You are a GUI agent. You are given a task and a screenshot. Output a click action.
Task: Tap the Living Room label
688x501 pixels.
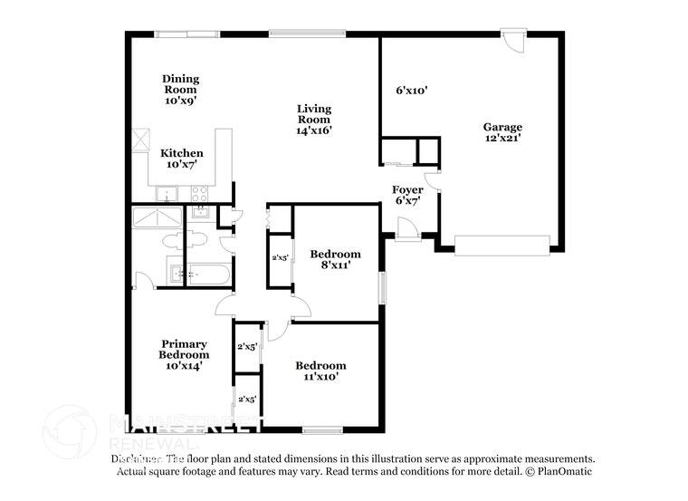tap(314, 119)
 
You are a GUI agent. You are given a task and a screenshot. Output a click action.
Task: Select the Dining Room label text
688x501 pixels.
tap(181, 90)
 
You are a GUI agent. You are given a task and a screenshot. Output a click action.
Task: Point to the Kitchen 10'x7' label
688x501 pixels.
tap(182, 159)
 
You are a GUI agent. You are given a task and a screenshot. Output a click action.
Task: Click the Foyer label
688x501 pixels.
tap(407, 195)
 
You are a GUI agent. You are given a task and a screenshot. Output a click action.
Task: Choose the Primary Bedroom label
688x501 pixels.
tap(184, 354)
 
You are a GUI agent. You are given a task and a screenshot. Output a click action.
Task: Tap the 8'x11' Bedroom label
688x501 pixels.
tap(335, 259)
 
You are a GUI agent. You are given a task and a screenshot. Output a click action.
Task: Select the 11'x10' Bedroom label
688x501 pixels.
tap(320, 371)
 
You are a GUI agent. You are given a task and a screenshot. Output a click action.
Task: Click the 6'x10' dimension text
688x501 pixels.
tap(411, 91)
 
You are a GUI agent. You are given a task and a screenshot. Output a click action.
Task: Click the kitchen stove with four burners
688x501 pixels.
tap(199, 193)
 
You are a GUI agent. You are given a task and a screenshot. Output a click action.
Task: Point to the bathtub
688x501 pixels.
tap(209, 273)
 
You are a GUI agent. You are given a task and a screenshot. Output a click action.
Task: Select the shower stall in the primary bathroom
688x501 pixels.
tap(157, 219)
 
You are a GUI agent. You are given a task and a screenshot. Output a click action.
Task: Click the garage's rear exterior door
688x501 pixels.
tap(514, 43)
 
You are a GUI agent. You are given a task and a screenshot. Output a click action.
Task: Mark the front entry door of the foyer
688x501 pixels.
tap(406, 231)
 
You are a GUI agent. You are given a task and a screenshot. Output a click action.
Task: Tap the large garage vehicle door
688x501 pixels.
tap(502, 245)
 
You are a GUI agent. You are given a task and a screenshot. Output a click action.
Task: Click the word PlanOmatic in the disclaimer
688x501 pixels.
tap(565, 471)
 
